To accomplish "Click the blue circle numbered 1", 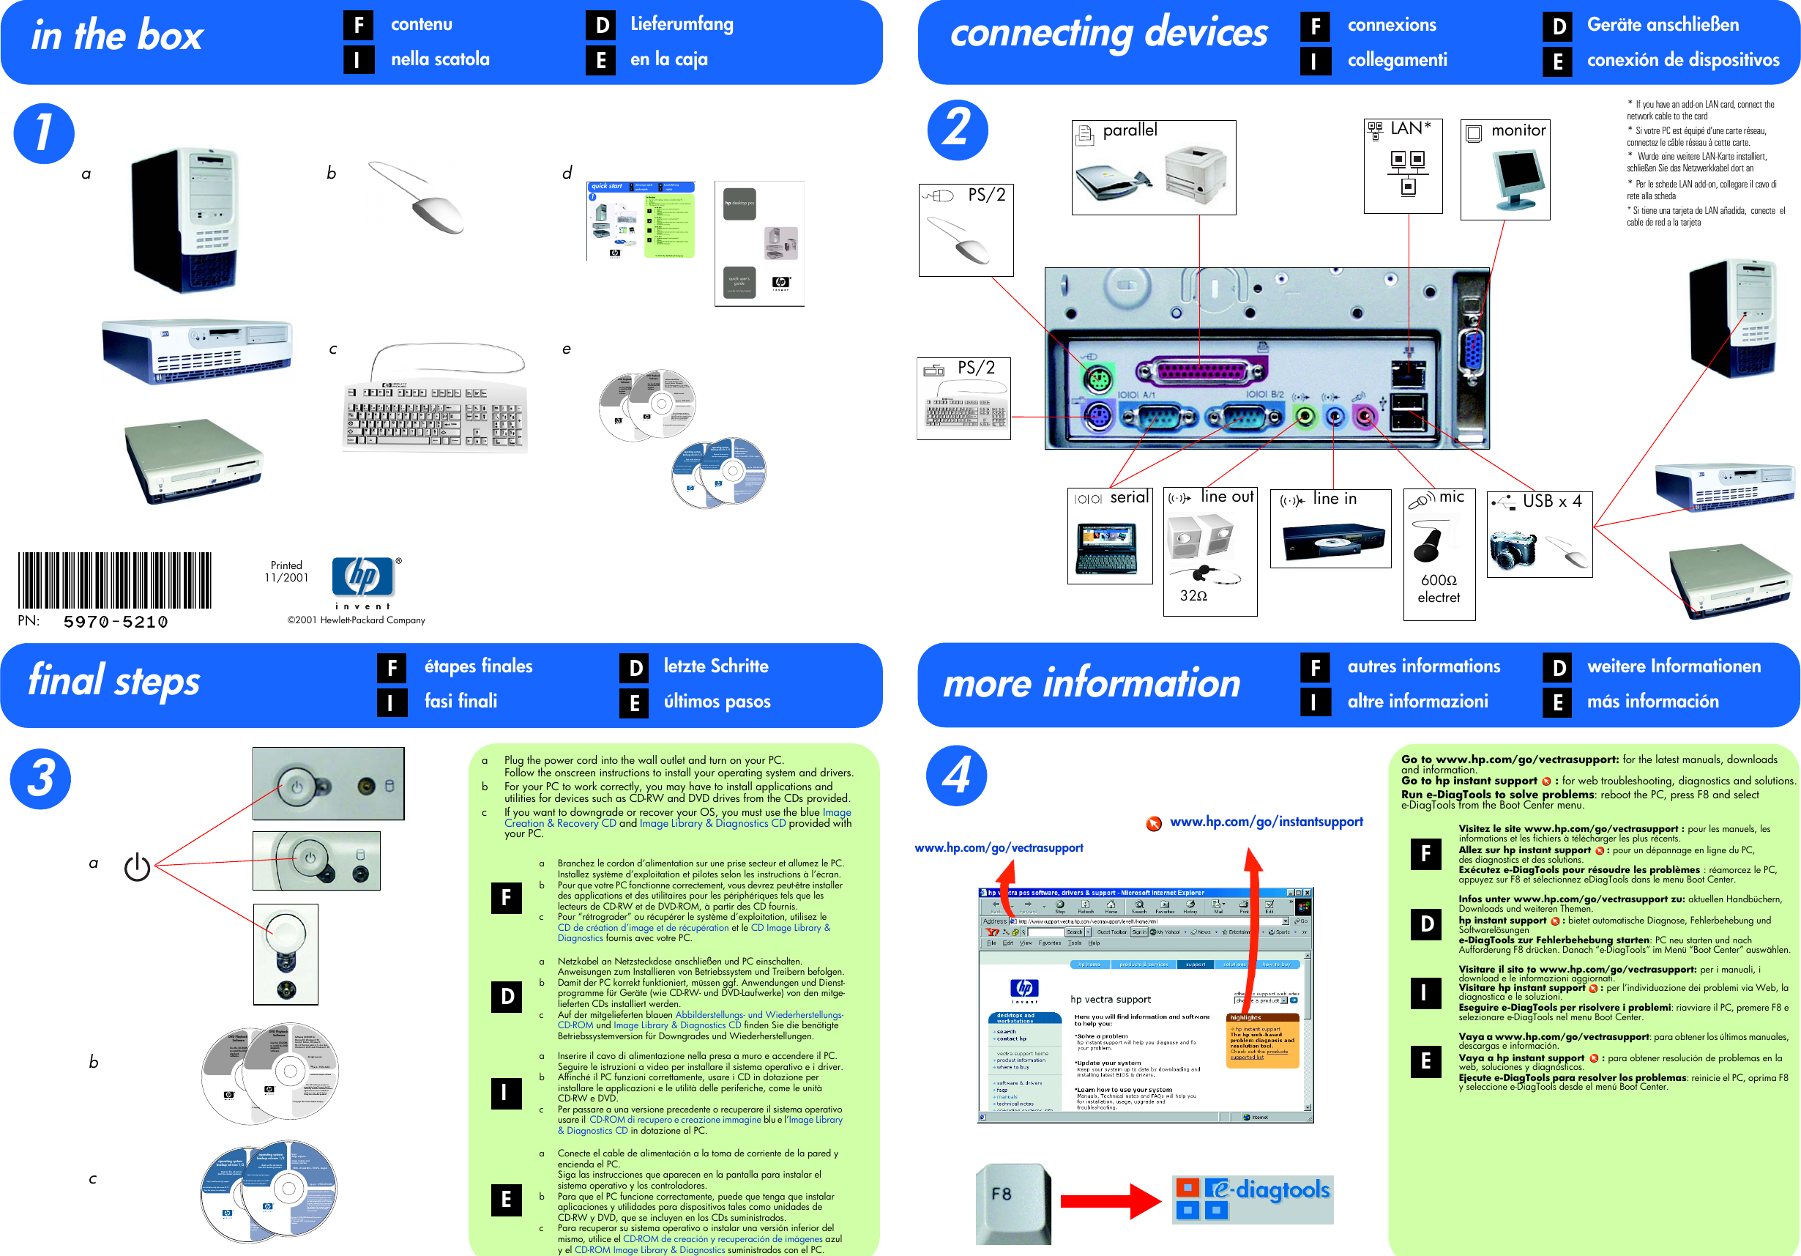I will [x=44, y=133].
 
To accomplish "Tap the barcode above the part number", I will [x=114, y=580].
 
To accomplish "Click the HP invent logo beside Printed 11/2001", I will [x=362, y=581].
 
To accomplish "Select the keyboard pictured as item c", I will [x=436, y=416].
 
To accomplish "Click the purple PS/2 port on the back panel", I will [x=1098, y=417].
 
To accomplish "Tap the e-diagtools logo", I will [x=1253, y=1198].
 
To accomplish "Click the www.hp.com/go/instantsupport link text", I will [x=1265, y=822].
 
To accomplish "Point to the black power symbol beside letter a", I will [x=138, y=866].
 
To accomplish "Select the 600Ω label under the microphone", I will [x=1438, y=580].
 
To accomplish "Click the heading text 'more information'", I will [x=1091, y=683].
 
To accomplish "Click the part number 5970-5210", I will [x=116, y=621].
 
